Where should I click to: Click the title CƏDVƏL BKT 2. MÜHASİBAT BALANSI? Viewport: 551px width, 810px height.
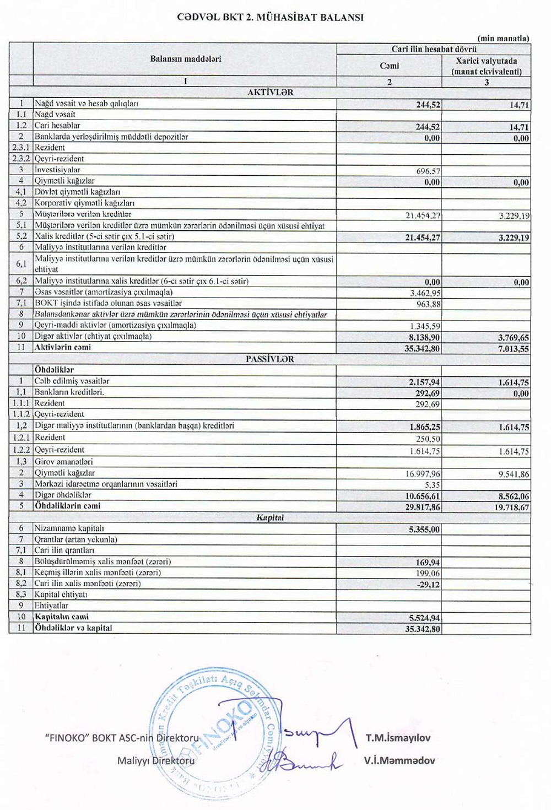(x=270, y=17)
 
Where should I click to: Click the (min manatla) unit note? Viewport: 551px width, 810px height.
(x=503, y=38)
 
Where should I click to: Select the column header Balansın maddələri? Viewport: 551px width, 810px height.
(x=185, y=59)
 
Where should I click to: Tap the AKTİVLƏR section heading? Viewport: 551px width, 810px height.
(x=270, y=93)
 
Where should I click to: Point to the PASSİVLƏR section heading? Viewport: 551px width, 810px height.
(x=270, y=359)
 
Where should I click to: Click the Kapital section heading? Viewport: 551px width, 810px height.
(x=270, y=517)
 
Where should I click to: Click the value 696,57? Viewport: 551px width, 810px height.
(x=428, y=171)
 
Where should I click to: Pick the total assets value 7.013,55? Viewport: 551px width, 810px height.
(x=512, y=349)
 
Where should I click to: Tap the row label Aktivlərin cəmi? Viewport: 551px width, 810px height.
(x=63, y=348)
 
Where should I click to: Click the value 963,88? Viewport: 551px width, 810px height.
(x=428, y=304)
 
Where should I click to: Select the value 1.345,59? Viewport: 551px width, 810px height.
(x=425, y=326)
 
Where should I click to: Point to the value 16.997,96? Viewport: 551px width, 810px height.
(x=423, y=474)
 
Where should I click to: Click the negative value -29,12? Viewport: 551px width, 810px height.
(x=429, y=585)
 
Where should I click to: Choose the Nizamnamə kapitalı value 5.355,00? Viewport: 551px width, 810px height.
(x=424, y=529)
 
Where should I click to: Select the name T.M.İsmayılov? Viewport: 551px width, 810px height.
(x=398, y=738)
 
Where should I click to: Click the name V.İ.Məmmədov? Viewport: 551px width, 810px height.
(x=399, y=760)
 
